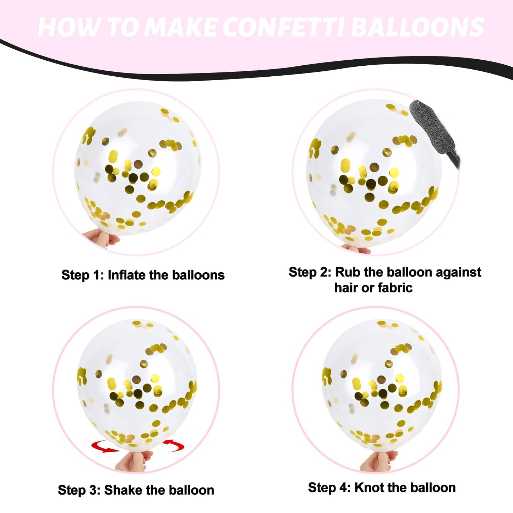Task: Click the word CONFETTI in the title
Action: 284,27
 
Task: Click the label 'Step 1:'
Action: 82,275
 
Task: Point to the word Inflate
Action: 127,275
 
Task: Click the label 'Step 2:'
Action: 310,272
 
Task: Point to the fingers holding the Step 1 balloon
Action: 101,238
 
